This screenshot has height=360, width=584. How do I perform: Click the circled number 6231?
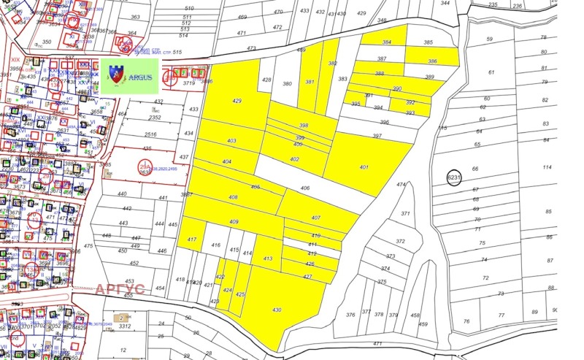(x=454, y=177)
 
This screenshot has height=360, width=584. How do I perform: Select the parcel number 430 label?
(x=277, y=310)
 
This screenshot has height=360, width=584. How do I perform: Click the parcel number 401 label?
(x=364, y=167)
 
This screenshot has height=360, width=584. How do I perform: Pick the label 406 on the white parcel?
(x=305, y=188)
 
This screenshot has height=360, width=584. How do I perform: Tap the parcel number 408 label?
(x=234, y=198)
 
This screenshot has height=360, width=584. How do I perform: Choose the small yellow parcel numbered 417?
(x=192, y=240)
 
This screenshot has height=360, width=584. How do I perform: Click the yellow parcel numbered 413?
(x=267, y=258)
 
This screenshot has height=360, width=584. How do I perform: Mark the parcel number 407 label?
(x=316, y=218)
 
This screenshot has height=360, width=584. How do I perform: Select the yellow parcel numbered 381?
(x=310, y=82)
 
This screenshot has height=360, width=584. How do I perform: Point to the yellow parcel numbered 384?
(x=387, y=43)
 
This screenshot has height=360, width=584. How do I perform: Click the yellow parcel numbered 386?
(x=433, y=61)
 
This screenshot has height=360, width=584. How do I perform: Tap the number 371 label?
(x=406, y=213)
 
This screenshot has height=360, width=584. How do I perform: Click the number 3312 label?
(x=125, y=326)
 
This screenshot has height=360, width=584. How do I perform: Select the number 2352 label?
(x=155, y=117)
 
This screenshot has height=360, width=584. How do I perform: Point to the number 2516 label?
(x=150, y=135)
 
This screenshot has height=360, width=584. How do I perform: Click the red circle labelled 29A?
(x=145, y=169)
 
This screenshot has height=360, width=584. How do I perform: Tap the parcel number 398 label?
(x=304, y=126)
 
